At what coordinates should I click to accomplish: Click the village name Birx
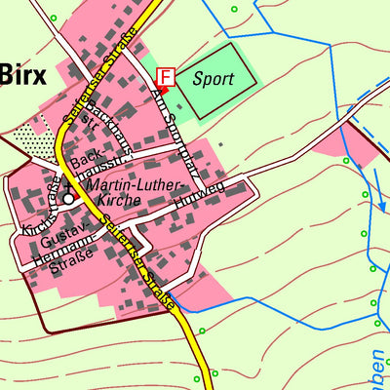pos(22,75)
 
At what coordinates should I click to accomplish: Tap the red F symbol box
pos(166,76)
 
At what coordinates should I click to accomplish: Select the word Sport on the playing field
pos(213,78)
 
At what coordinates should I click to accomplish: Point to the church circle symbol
pos(68,199)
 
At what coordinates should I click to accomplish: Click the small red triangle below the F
pos(162,91)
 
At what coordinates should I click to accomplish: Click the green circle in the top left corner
pos(53,19)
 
